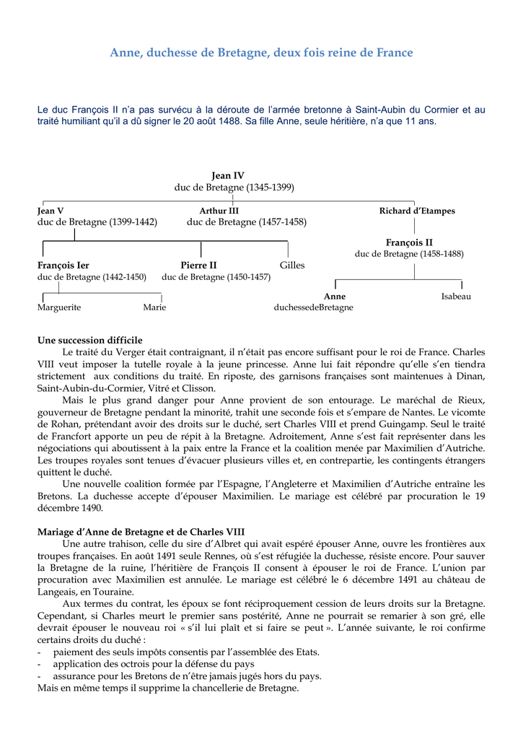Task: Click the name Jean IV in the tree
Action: [228, 175]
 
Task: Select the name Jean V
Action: [50, 211]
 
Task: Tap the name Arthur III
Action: [219, 211]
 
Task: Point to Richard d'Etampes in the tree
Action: [417, 211]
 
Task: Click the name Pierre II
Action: [198, 265]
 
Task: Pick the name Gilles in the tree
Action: [292, 265]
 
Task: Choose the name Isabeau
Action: [456, 296]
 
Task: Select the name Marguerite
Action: [59, 307]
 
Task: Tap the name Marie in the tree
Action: [154, 307]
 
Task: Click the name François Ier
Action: [63, 265]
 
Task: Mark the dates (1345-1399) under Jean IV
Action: [270, 187]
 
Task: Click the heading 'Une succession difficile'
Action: [89, 340]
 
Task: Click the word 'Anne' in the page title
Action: [124, 53]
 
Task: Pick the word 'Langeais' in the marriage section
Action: [57, 592]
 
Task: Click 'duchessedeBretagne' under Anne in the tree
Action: [314, 307]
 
